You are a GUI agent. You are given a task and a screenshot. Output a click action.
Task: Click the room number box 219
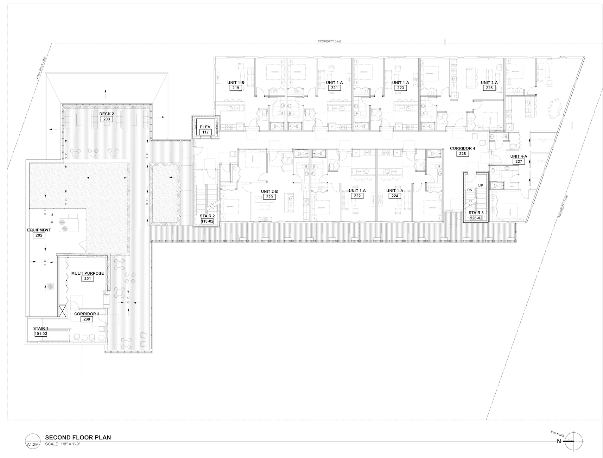(235, 88)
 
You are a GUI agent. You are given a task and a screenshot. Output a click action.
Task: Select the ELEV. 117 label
(205, 129)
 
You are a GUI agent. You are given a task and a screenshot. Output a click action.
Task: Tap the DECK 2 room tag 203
(107, 119)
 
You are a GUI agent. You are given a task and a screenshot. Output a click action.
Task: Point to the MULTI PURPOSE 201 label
(88, 276)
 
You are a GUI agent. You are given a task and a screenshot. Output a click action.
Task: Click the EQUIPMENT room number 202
(39, 235)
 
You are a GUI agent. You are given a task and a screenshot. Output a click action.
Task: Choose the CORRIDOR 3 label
(87, 314)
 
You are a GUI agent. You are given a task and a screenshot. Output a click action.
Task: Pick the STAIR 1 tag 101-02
(41, 334)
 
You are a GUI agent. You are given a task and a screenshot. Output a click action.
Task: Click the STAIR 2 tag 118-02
(208, 221)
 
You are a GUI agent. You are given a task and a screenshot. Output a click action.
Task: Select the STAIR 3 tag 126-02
(476, 218)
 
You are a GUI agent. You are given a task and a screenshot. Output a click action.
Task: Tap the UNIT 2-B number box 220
(269, 197)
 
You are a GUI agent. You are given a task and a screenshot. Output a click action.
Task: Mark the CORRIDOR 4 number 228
(462, 154)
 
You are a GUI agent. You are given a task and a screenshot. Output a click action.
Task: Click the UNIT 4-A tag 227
(519, 162)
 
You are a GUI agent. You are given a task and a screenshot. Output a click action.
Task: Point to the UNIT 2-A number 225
(489, 88)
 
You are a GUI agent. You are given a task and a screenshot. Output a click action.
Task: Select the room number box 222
(357, 196)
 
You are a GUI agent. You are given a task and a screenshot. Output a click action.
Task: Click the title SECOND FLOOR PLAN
(78, 438)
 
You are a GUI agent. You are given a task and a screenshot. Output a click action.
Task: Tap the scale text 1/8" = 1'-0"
(66, 444)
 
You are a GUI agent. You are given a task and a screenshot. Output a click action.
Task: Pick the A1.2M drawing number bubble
(33, 441)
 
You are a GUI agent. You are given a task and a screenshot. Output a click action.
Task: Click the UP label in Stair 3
(480, 185)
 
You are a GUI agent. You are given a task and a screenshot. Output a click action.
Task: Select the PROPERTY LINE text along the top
(329, 42)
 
